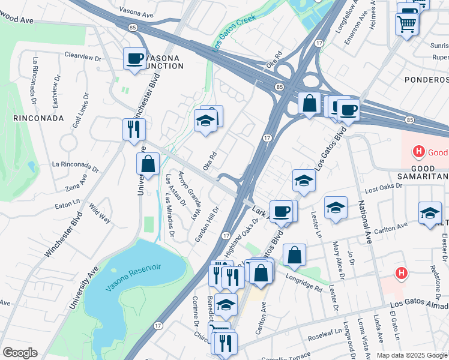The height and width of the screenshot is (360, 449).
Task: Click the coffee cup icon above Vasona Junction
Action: point(134,59)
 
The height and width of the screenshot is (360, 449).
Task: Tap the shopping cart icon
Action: point(407,25)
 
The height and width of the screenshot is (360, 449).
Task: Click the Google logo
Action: point(20,353)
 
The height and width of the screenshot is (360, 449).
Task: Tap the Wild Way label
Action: point(100,213)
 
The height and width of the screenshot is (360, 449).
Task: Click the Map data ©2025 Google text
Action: point(412,355)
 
